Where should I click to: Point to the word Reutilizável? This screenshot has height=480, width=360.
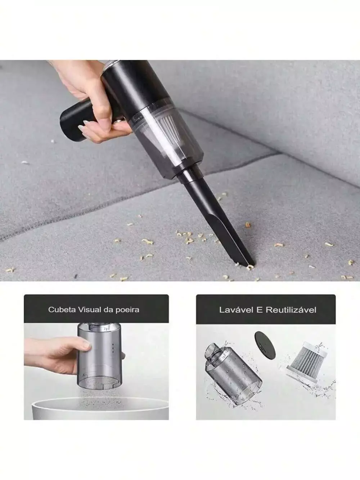291,310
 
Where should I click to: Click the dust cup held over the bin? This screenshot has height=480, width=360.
99,358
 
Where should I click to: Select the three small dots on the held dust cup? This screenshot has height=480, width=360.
113,348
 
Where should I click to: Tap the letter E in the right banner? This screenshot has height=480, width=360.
260,310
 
